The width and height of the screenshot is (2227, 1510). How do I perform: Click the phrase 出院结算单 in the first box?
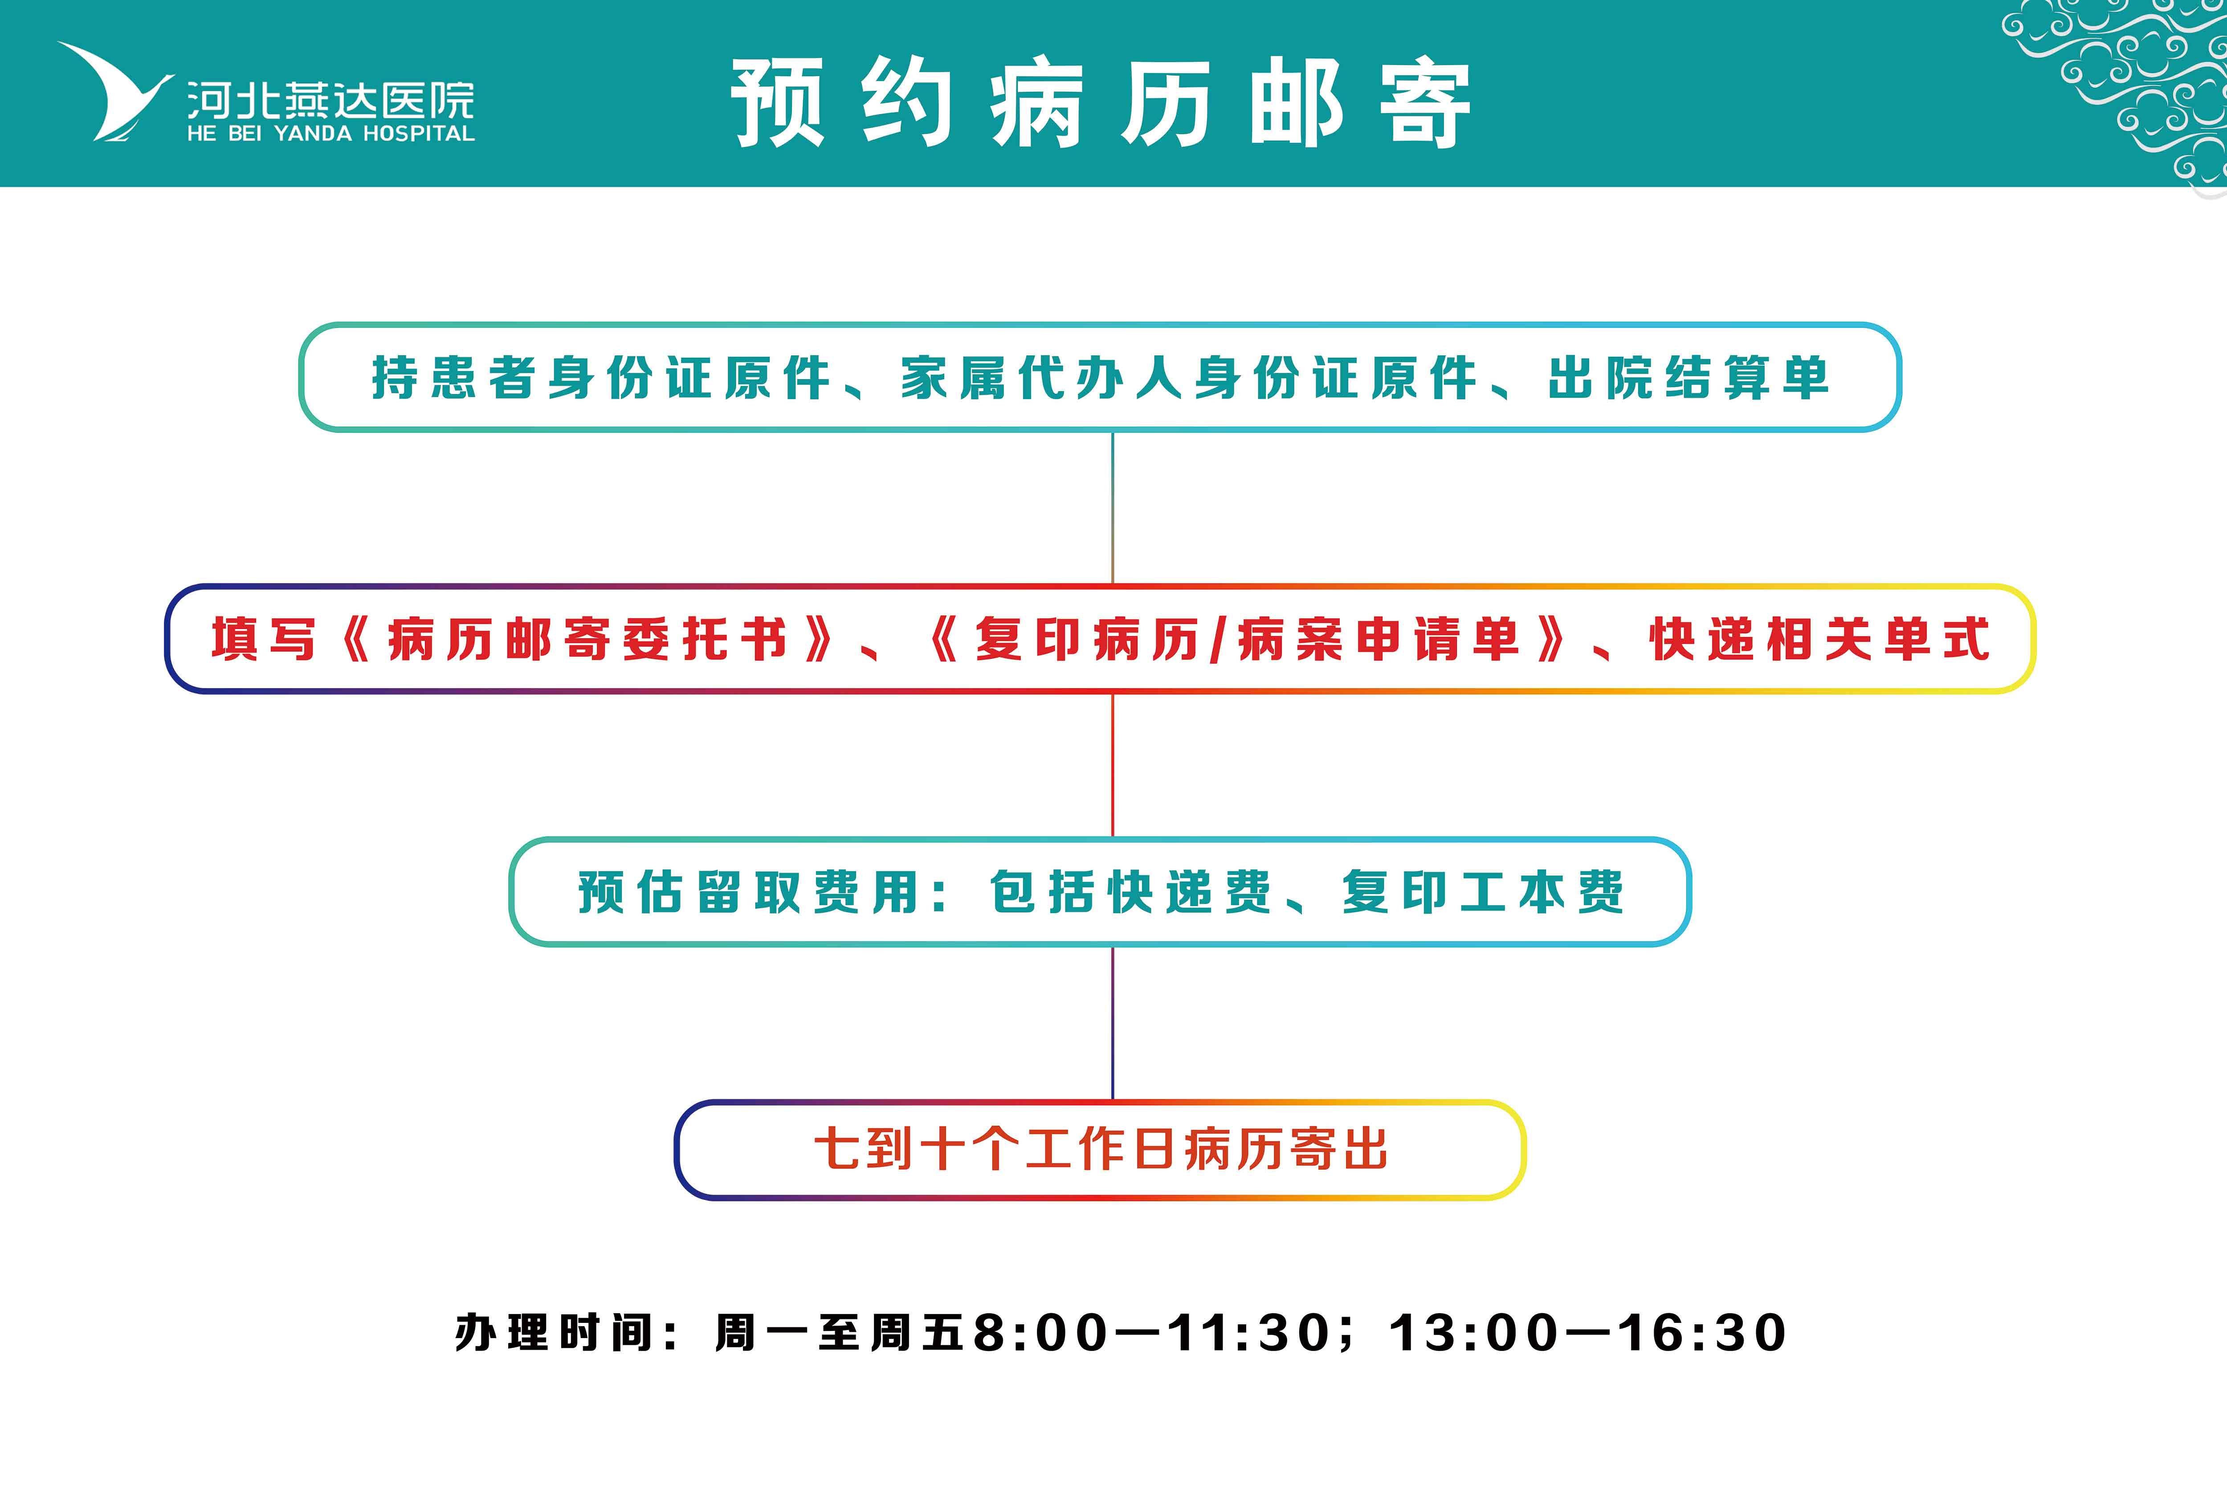point(1689,378)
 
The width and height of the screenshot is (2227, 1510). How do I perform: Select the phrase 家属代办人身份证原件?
point(1188,378)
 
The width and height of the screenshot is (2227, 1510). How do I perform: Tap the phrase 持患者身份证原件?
point(601,378)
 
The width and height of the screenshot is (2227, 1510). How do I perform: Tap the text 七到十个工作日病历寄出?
point(1101,1149)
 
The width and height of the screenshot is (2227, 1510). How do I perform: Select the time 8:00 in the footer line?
point(1040,1333)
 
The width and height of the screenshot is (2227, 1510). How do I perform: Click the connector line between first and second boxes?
point(1113,508)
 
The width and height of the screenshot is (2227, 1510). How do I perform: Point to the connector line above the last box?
point(1113,1023)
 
